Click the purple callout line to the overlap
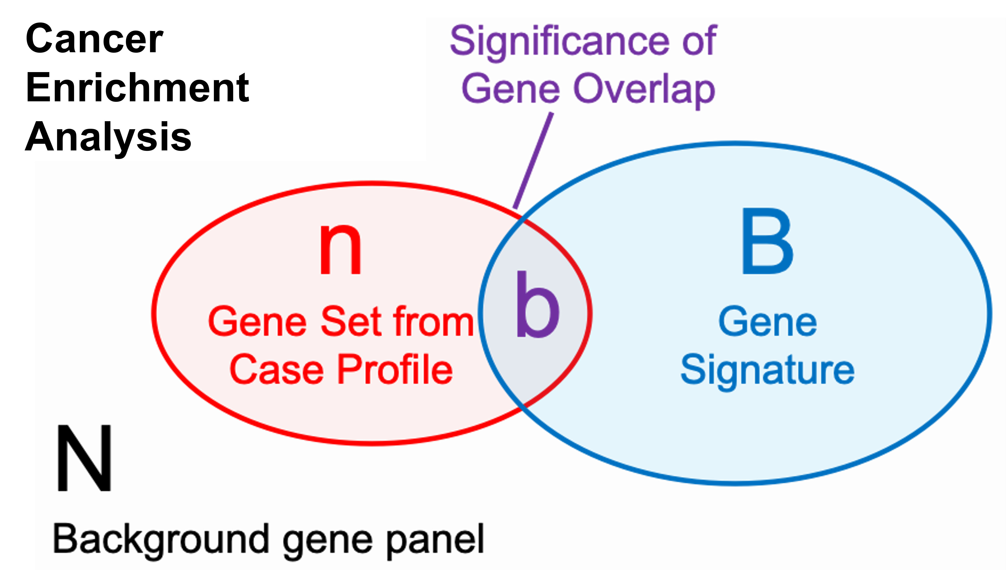point(533,160)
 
